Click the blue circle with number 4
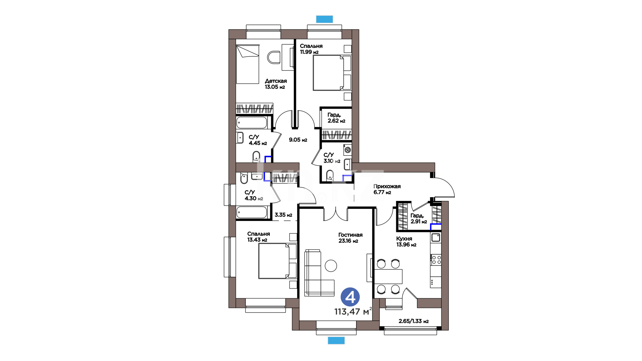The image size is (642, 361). (x=350, y=297)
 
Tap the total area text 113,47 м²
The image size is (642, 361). (x=353, y=312)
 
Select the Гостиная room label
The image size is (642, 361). (x=350, y=235)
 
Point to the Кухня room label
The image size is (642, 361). (x=404, y=239)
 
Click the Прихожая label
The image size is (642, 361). (x=387, y=187)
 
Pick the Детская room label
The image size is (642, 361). (x=276, y=81)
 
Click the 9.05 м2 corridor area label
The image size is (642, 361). (x=298, y=140)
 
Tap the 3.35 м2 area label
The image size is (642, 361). (x=283, y=215)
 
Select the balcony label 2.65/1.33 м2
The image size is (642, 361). (x=414, y=321)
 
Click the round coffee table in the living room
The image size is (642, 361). (x=331, y=266)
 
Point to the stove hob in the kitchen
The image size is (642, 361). (x=436, y=259)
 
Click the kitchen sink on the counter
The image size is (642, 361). (x=436, y=238)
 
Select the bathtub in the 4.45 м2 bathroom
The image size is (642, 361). (x=252, y=123)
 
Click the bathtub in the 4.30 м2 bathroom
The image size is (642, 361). (x=252, y=212)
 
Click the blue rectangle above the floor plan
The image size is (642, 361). (x=325, y=19)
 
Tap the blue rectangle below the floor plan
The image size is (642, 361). (x=336, y=340)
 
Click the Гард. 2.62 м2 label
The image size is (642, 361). (x=336, y=118)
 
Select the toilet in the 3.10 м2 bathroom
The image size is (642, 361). (x=330, y=175)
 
